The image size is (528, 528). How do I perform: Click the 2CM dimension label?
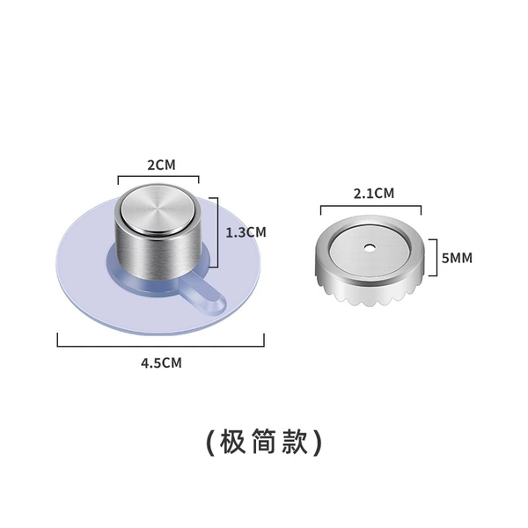pyautogui.click(x=162, y=165)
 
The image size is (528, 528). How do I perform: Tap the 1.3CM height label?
pyautogui.click(x=246, y=232)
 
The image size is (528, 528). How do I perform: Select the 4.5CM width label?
pyautogui.click(x=161, y=363)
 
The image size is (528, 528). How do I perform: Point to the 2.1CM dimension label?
pyautogui.click(x=374, y=194)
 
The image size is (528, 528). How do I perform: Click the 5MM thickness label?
pyautogui.click(x=457, y=258)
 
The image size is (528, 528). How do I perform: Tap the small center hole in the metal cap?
pyautogui.click(x=370, y=248)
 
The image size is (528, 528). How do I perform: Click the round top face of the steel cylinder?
pyautogui.click(x=158, y=209)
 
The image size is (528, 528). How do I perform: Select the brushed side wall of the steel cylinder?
pyautogui.click(x=158, y=256)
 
